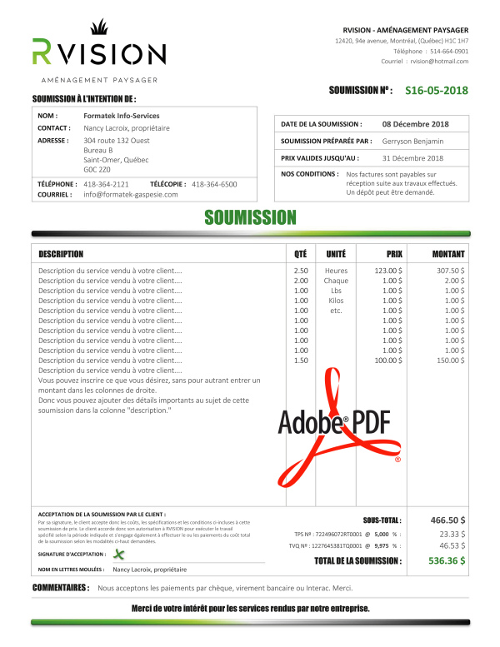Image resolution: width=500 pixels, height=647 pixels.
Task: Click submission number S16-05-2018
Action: [436, 90]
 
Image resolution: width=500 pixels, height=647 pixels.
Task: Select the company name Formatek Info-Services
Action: [122, 116]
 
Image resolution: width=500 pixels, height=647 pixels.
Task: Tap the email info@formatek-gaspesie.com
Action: [131, 194]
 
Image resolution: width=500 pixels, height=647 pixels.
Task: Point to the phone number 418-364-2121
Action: [106, 183]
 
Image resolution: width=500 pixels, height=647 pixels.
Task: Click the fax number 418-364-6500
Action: [214, 183]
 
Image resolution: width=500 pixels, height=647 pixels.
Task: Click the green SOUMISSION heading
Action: [250, 218]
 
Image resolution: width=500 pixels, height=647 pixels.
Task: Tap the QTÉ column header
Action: [300, 253]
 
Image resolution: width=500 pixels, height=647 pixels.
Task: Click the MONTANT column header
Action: [448, 253]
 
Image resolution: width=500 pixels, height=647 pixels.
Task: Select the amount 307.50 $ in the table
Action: [451, 271]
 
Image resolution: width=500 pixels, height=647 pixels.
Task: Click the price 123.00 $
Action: [387, 271]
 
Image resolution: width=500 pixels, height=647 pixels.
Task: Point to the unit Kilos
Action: [336, 301]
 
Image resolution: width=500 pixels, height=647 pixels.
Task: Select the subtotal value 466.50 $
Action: [447, 520]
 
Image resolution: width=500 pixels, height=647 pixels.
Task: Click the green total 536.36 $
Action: [447, 560]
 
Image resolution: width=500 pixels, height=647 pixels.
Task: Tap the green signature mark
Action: [118, 554]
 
